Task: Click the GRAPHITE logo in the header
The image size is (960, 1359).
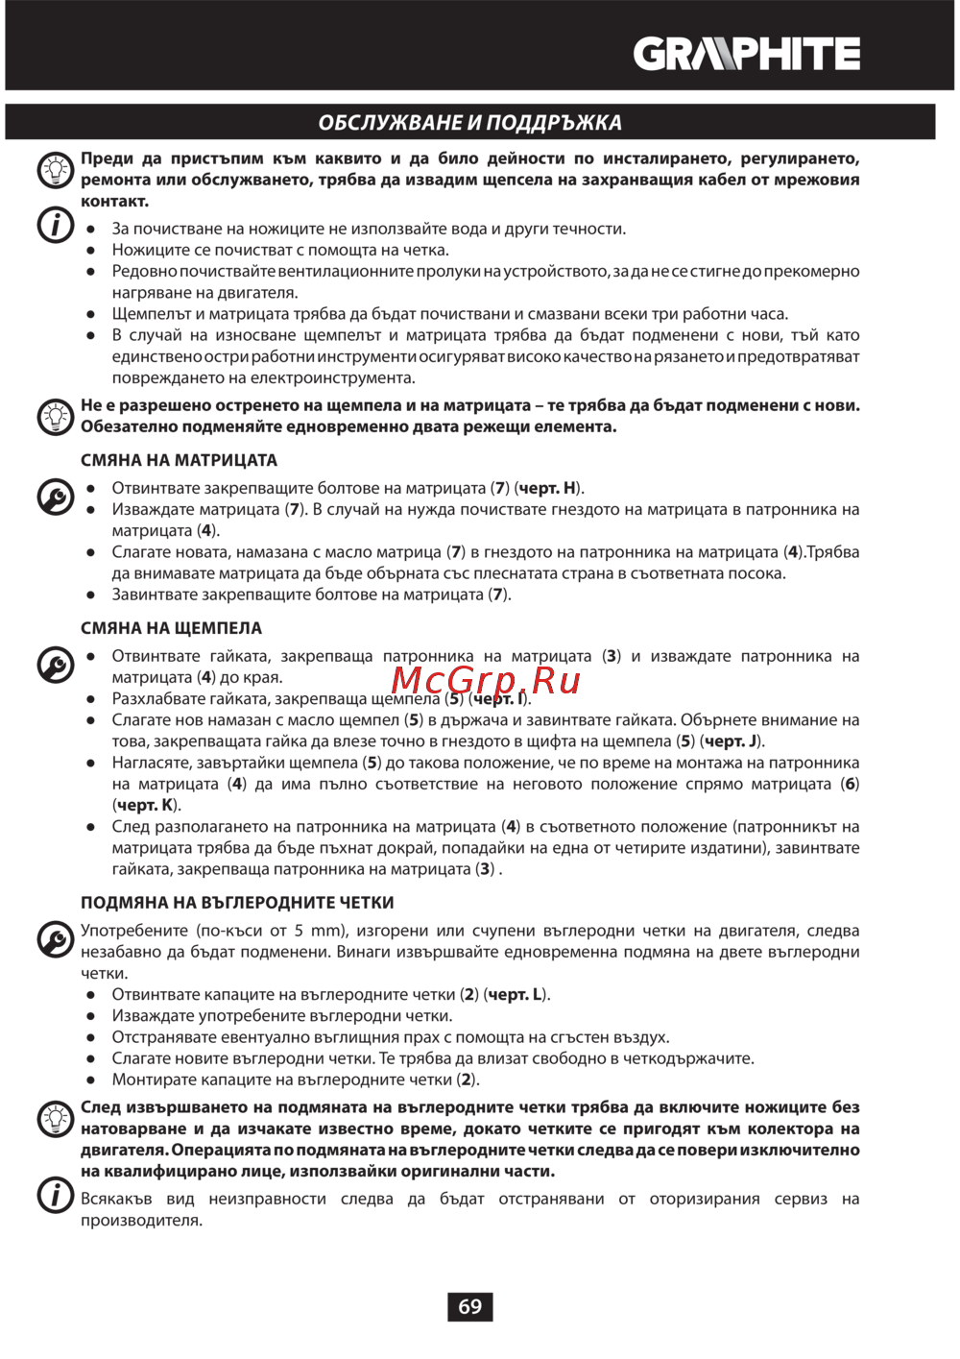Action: [746, 54]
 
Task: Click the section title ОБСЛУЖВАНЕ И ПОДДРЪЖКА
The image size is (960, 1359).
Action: [469, 123]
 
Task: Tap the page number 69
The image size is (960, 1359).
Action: [469, 1306]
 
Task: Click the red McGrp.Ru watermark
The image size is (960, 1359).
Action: [485, 680]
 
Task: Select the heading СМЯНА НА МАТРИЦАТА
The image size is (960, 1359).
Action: [179, 460]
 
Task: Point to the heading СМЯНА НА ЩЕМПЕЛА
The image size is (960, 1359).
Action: [171, 628]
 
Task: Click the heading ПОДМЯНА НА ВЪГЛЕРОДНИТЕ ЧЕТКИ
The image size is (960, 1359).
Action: [237, 903]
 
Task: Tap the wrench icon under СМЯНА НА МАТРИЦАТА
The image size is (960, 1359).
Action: [55, 497]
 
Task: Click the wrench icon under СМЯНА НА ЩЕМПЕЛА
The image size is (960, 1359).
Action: [55, 665]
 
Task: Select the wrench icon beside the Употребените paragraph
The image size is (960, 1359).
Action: [55, 939]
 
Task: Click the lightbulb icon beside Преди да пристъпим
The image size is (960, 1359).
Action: [55, 170]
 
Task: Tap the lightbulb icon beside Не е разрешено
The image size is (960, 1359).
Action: [55, 416]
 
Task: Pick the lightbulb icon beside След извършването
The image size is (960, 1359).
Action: [55, 1118]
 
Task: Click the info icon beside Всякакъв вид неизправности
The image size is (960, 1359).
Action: [55, 1196]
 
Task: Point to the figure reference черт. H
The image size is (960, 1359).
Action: [547, 488]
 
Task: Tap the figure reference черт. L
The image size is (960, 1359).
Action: [516, 994]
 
